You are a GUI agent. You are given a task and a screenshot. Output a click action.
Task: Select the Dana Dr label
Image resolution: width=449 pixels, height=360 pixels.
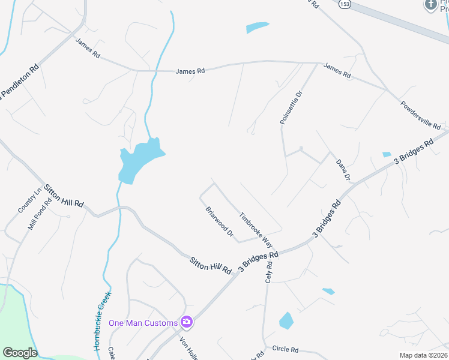pyautogui.click(x=342, y=170)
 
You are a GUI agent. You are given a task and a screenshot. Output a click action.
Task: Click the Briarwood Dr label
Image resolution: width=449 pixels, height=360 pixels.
pyautogui.click(x=219, y=222)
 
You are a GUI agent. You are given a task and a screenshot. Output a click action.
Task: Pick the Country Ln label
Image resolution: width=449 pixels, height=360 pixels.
pyautogui.click(x=29, y=200)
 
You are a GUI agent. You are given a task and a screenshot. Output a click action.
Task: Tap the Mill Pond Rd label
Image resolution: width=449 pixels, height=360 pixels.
pyautogui.click(x=40, y=215)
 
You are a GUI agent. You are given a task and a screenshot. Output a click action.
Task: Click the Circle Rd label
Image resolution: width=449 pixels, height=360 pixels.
pyautogui.click(x=285, y=349)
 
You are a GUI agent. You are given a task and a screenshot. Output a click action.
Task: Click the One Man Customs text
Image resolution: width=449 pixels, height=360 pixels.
pyautogui.click(x=143, y=323)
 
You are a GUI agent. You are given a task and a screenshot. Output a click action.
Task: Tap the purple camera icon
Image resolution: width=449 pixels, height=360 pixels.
pyautogui.click(x=187, y=322)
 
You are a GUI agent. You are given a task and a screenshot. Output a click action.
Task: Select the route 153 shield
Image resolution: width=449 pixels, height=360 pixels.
pyautogui.click(x=343, y=4)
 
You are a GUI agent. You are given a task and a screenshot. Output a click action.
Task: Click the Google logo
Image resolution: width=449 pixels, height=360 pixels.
pyautogui.click(x=20, y=353)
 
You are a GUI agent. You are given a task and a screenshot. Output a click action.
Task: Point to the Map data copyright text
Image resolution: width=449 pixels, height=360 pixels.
pyautogui.click(x=424, y=355)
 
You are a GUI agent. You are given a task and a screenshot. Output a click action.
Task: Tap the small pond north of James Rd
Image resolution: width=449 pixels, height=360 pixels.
pyautogui.click(x=257, y=28)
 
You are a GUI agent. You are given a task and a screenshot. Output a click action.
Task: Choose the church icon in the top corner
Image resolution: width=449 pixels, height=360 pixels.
pyautogui.click(x=430, y=5)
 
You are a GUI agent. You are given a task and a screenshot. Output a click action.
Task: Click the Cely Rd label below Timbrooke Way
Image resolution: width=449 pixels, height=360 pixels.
pyautogui.click(x=268, y=275)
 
